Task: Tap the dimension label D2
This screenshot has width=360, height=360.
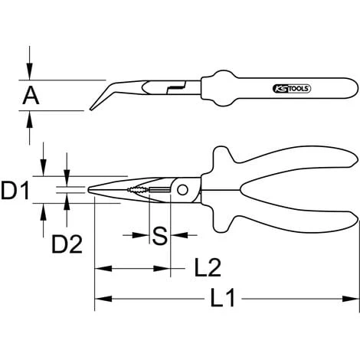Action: tap(67, 245)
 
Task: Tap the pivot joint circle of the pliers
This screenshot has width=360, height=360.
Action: tap(183, 190)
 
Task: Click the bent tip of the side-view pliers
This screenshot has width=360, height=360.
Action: tap(97, 103)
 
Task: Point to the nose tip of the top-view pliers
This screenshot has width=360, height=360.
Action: tap(91, 190)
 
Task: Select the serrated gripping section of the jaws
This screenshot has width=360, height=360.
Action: tap(137, 190)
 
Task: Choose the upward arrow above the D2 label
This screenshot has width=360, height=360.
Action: tap(67, 203)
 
